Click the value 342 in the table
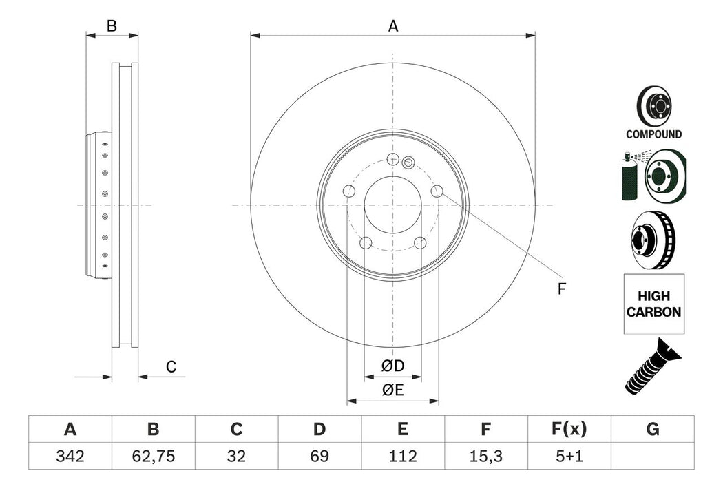coord(70,457)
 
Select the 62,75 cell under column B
coord(153,457)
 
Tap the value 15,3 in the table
coord(485,457)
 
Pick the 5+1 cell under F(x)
coord(569,457)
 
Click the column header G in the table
coord(652,430)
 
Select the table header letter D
coord(319,430)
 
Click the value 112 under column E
coord(402,457)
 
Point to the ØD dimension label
coord(393,364)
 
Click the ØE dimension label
coord(393,390)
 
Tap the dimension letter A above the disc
coord(393,26)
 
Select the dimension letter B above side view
coord(112,26)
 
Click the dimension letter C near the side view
coord(171,368)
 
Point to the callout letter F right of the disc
coord(561,289)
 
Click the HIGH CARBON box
coord(653,304)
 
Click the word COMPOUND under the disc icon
coord(653,135)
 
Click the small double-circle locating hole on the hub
coord(408,163)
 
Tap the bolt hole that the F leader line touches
coord(437,191)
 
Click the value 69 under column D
coord(319,457)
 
